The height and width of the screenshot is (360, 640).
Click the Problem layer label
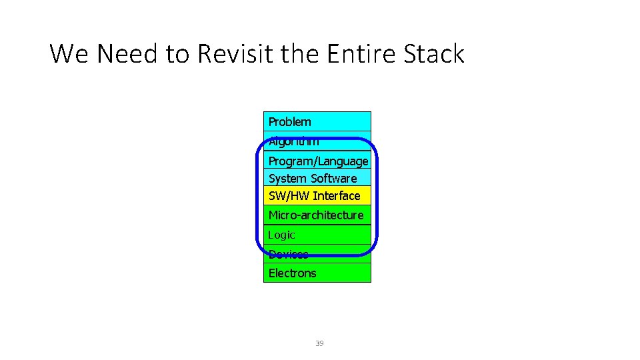click(x=289, y=121)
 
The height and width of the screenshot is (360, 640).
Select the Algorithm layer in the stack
click(x=293, y=141)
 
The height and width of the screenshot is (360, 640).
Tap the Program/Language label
click(x=318, y=161)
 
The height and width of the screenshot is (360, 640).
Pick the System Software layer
click(x=312, y=179)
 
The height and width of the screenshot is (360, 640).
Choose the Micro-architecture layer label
click(x=315, y=215)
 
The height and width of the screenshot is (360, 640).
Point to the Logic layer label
click(x=281, y=235)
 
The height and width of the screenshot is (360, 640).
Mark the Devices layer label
click(x=288, y=254)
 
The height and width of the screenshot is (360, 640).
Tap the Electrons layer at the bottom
click(x=292, y=273)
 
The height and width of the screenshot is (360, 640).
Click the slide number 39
click(x=319, y=343)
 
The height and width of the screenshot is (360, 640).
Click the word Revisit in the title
click(x=235, y=54)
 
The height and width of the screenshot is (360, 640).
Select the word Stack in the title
click(x=434, y=54)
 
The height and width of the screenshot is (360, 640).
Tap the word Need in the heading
click(x=128, y=54)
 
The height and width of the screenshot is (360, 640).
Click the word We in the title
click(x=70, y=54)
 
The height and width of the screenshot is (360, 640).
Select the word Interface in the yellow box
click(x=337, y=196)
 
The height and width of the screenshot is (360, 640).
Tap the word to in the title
click(x=178, y=54)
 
